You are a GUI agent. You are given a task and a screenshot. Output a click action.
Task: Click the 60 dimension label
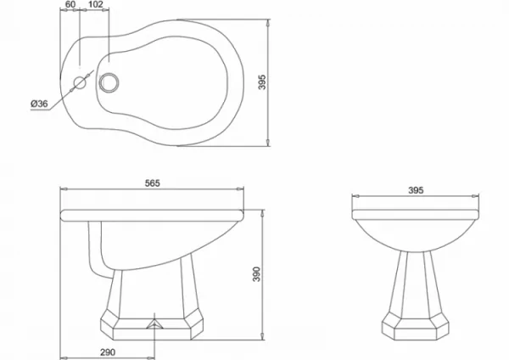(x=70, y=4)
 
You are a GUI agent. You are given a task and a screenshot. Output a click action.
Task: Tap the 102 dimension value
(x=95, y=4)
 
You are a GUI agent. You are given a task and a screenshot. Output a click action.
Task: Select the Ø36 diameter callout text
(x=39, y=104)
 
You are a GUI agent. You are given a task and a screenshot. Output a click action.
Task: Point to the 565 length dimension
(x=152, y=183)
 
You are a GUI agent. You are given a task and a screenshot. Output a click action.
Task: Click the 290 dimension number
(x=108, y=352)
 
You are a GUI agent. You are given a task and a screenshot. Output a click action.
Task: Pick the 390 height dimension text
(x=256, y=274)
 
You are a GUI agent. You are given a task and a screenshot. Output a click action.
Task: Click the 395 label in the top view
(x=262, y=82)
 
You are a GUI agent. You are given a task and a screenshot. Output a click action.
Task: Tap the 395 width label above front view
(x=416, y=190)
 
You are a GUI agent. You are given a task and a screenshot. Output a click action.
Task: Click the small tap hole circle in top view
(x=80, y=83)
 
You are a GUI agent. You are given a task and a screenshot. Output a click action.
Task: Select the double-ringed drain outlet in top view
(x=109, y=82)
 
